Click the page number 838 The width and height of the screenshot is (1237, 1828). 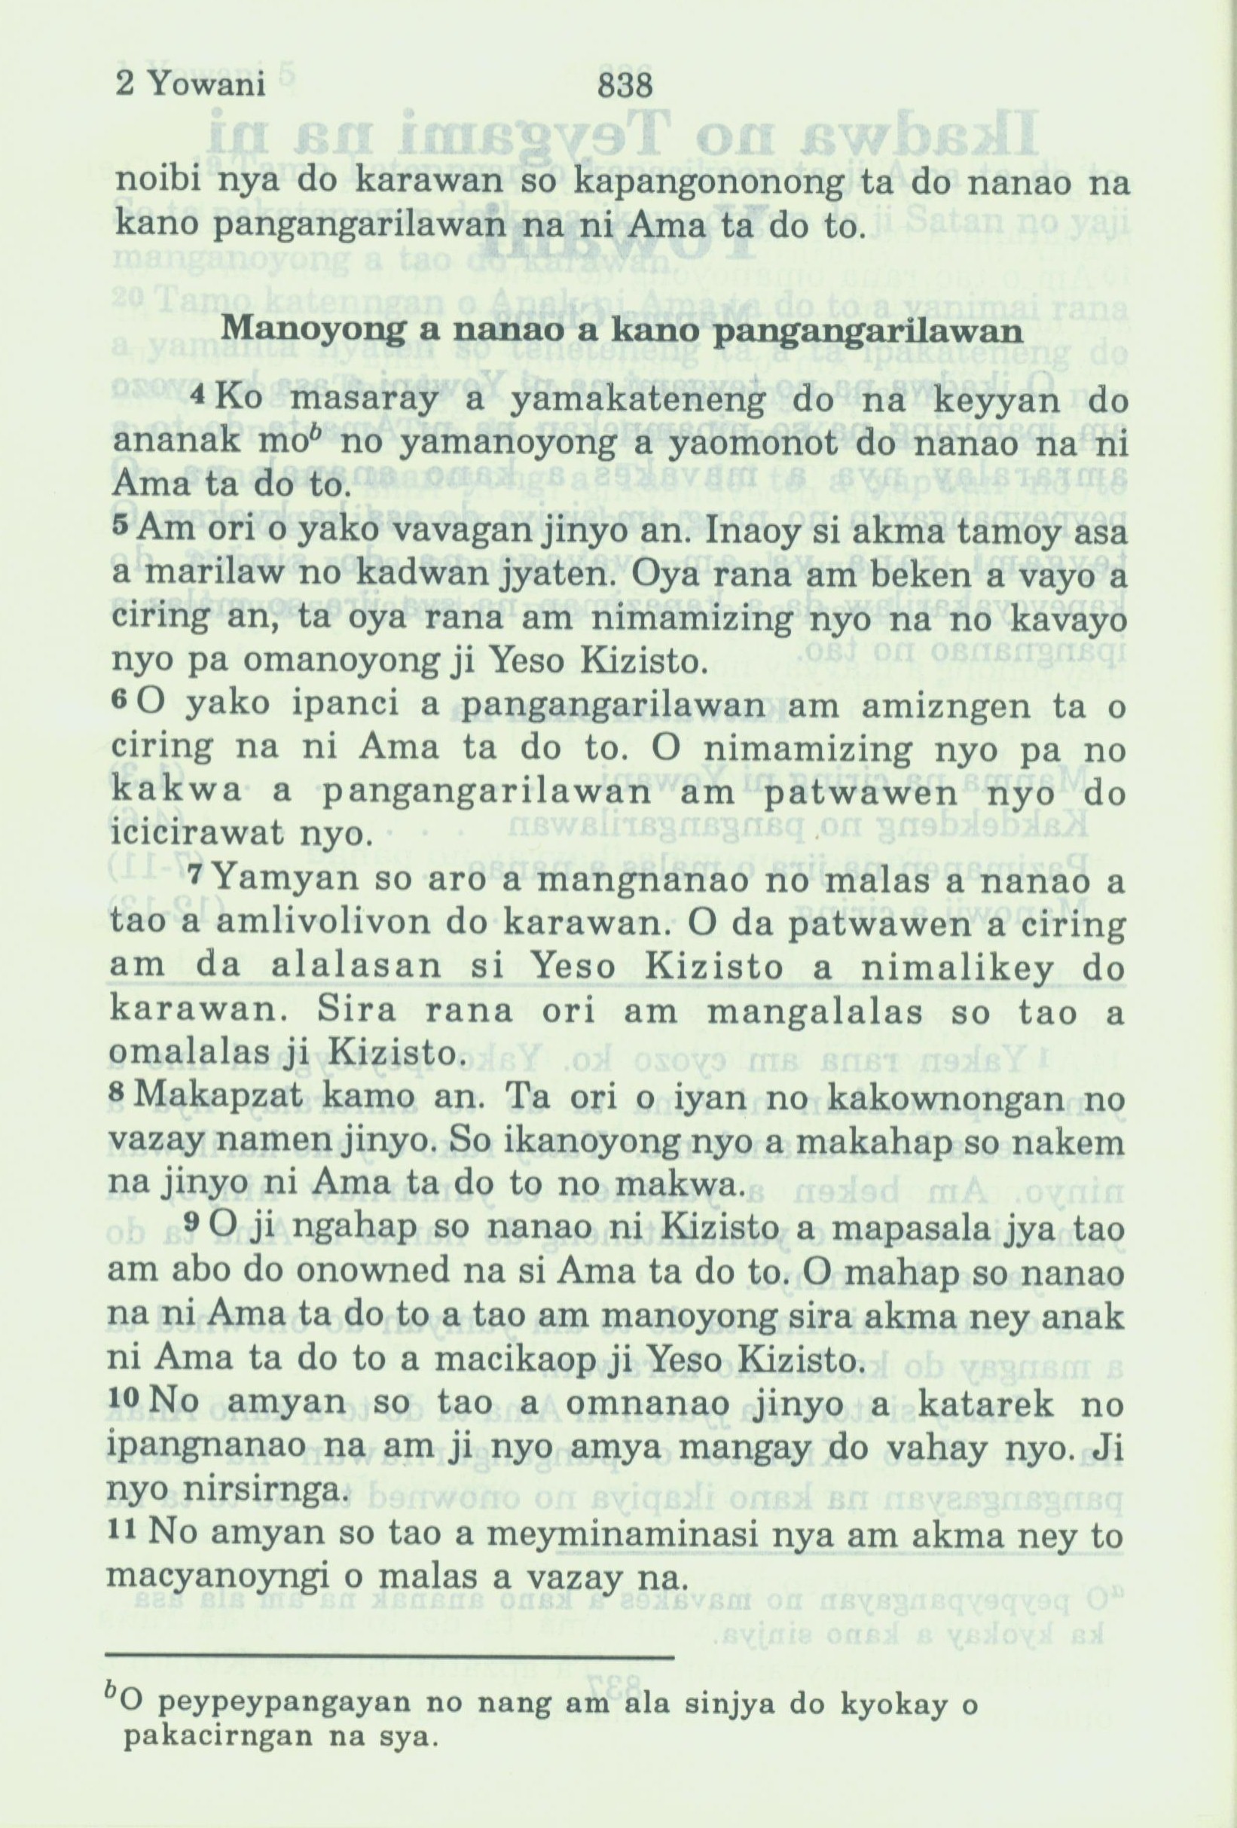[625, 85]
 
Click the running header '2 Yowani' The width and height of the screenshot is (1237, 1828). [190, 85]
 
